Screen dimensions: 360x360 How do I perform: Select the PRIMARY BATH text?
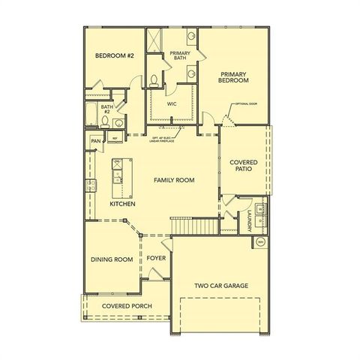point(180,55)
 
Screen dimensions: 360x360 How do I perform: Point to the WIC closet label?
point(172,104)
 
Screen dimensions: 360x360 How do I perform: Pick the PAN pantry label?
point(95,140)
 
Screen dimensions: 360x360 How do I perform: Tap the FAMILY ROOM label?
point(174,180)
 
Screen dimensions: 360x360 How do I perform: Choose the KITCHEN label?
point(122,203)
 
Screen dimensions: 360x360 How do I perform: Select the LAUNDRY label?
point(248,217)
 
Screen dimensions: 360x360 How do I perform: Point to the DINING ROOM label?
point(111,259)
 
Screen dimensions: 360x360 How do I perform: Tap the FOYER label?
point(156,258)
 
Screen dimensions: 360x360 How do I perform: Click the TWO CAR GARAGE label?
point(221,286)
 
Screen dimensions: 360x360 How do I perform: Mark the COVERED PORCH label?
point(127,306)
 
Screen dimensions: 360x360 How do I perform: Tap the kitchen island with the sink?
point(117,172)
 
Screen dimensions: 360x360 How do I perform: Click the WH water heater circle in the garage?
point(260,241)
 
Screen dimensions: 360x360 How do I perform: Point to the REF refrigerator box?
point(115,138)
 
